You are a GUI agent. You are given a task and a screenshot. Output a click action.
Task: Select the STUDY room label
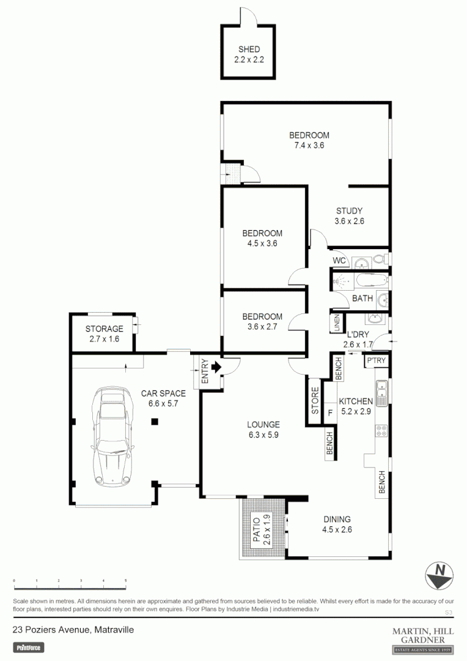(349, 211)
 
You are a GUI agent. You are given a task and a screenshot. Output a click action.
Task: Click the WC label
(340, 261)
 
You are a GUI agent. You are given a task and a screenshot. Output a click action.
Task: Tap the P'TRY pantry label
(376, 361)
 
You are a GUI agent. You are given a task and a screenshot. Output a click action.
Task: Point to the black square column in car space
(155, 421)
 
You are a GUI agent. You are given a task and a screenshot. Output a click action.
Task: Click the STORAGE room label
(104, 329)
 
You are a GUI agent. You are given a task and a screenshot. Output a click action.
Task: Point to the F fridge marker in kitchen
(330, 412)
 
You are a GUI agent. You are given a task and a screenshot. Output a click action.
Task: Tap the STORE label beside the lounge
(315, 401)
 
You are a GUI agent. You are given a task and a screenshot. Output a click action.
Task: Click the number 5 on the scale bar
(125, 580)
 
